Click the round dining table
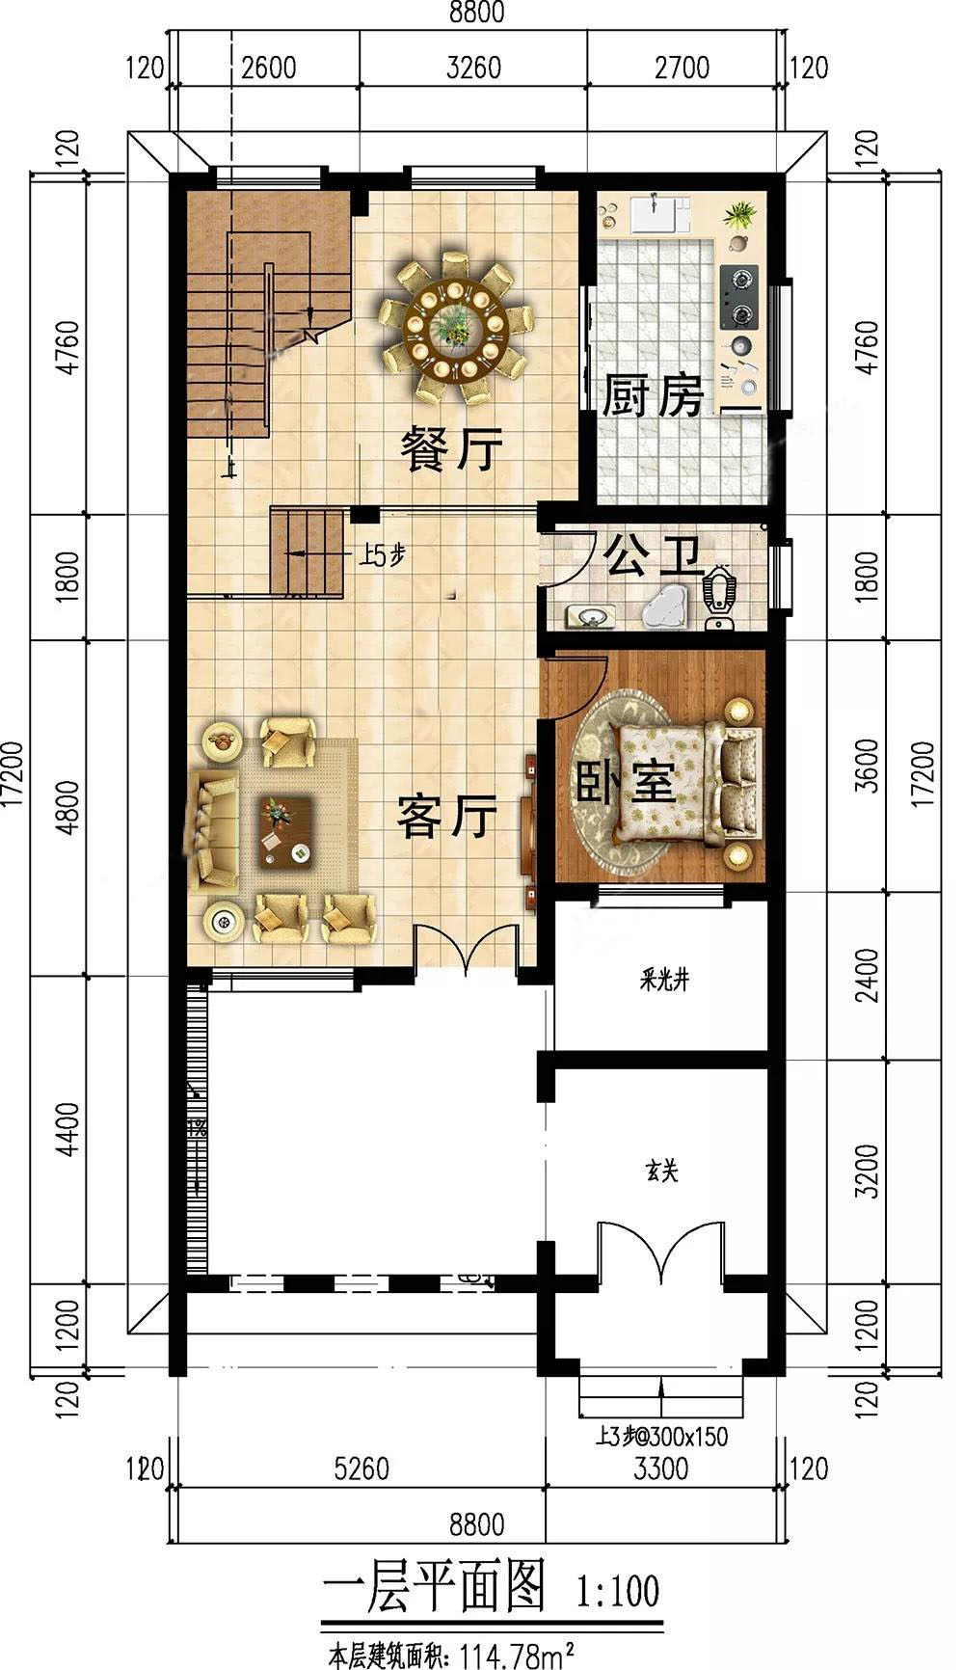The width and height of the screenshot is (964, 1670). click(455, 326)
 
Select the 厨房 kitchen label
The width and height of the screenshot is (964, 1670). click(654, 395)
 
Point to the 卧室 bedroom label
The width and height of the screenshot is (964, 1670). click(626, 783)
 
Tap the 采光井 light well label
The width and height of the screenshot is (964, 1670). click(664, 981)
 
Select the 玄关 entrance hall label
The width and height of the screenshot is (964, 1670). click(661, 1171)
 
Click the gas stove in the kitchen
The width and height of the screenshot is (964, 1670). click(739, 297)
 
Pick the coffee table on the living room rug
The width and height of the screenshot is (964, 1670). click(285, 830)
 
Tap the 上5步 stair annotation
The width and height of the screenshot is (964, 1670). click(382, 554)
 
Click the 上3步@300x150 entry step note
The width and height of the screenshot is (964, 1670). click(661, 1437)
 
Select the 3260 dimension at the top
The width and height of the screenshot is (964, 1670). click(473, 67)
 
